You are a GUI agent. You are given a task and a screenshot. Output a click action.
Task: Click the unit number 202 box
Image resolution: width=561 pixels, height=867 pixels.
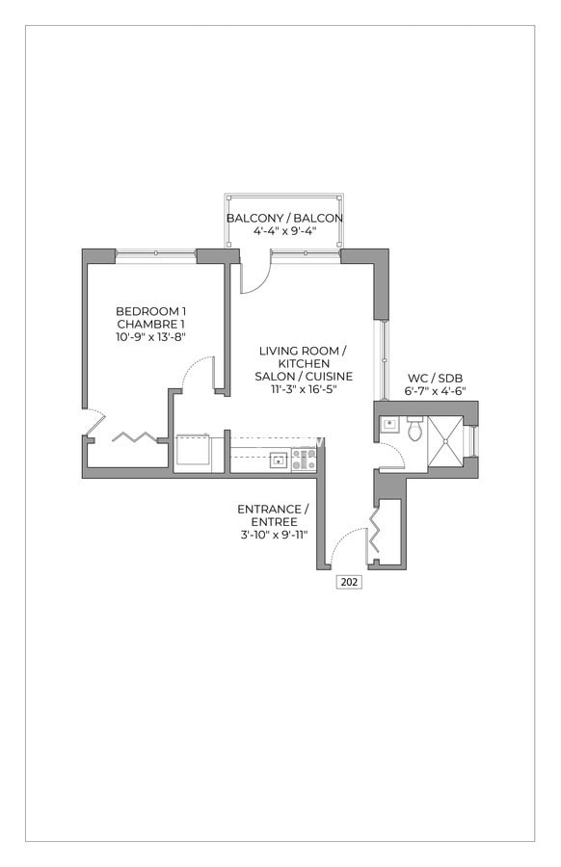click(349, 582)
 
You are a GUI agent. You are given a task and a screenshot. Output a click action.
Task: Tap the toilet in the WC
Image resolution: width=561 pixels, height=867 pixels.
click(415, 429)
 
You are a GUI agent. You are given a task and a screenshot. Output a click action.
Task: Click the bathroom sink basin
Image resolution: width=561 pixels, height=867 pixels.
click(390, 424)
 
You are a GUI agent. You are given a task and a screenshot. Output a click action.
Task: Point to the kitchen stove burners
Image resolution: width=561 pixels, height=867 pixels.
click(304, 460)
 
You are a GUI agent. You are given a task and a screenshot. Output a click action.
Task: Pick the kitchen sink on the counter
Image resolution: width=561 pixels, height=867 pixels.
click(278, 460)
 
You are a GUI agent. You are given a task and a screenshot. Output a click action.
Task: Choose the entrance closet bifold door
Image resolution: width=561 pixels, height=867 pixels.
click(375, 533)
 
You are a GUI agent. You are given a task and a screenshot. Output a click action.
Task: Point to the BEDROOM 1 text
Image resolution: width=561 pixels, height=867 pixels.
click(150, 311)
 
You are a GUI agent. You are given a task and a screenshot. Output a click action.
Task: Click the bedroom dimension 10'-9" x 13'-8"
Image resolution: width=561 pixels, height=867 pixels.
click(150, 337)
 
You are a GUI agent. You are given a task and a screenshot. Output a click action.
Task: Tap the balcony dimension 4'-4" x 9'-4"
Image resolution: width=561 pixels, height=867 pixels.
click(284, 231)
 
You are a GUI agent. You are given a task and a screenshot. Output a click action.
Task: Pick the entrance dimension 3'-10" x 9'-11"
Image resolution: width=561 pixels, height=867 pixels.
click(273, 534)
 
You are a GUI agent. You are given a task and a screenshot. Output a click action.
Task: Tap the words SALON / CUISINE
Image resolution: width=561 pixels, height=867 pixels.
click(304, 376)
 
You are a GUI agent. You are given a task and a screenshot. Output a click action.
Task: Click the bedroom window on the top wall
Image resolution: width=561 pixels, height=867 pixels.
click(156, 255)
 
